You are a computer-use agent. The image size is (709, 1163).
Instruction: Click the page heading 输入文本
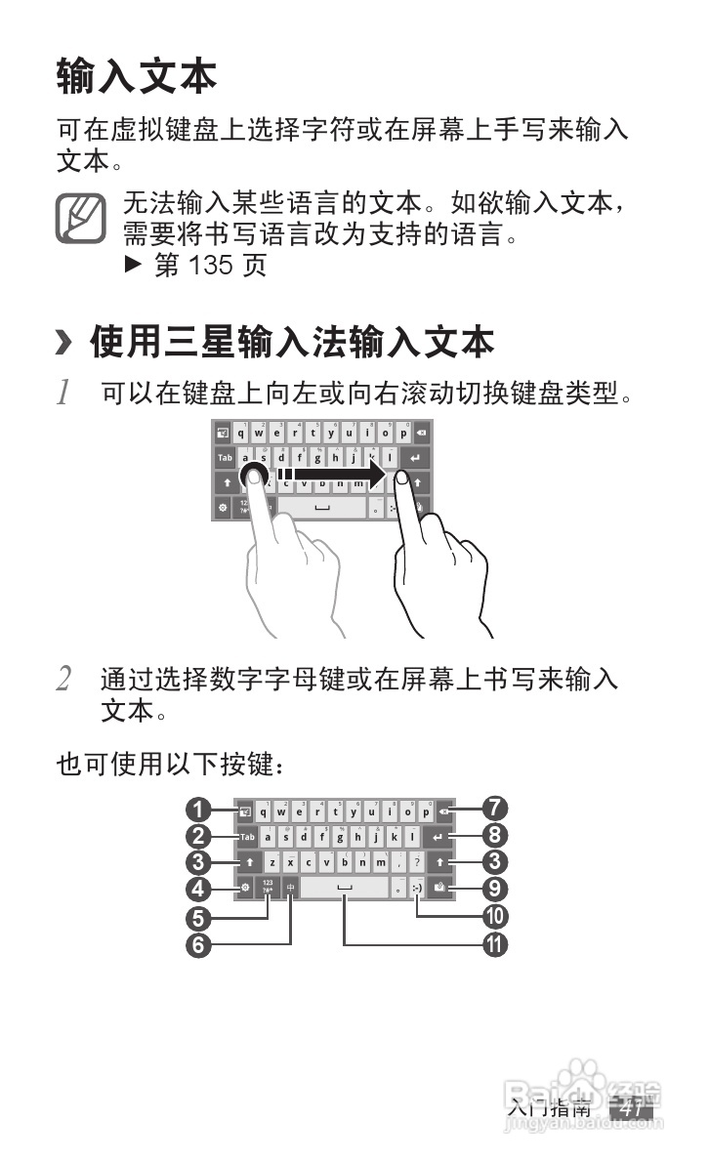(x=136, y=76)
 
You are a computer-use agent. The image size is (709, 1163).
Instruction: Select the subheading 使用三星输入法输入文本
(x=292, y=343)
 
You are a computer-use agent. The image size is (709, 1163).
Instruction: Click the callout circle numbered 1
(x=200, y=809)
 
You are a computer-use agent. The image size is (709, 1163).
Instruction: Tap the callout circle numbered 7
(x=495, y=809)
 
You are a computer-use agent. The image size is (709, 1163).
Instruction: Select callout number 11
(x=495, y=944)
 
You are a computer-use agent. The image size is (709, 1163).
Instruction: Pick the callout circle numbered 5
(x=200, y=917)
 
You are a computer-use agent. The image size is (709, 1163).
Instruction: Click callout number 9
(x=495, y=889)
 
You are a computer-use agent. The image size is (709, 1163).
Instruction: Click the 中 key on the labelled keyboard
(x=290, y=888)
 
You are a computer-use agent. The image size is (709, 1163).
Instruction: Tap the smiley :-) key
(x=418, y=888)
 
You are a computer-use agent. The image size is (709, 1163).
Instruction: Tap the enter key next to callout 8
(x=438, y=837)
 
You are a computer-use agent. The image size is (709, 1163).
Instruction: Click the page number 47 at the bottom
(x=630, y=1109)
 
